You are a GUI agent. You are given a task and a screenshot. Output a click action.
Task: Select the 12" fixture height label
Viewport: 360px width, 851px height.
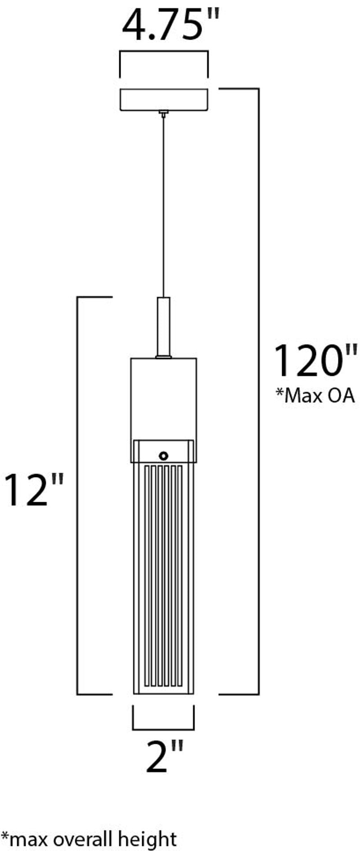click(x=34, y=490)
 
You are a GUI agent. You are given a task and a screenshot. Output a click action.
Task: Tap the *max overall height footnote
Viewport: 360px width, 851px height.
click(x=89, y=838)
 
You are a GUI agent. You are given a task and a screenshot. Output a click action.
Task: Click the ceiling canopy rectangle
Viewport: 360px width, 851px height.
click(x=164, y=100)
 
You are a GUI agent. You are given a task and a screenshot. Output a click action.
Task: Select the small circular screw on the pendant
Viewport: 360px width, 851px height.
click(x=164, y=455)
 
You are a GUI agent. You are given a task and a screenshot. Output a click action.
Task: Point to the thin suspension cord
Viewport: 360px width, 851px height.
click(x=163, y=207)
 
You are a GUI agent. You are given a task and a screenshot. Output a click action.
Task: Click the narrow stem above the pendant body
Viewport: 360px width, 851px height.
click(x=163, y=327)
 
